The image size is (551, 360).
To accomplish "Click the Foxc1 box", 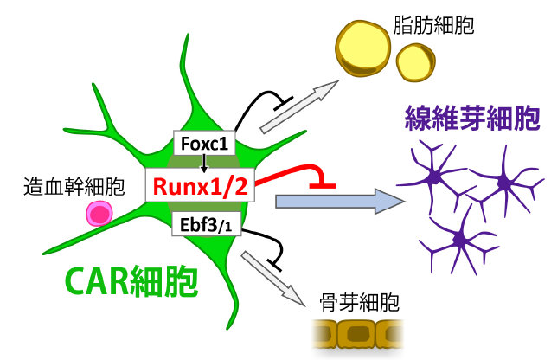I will click(205, 144).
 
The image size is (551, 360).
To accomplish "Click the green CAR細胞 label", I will click(132, 280).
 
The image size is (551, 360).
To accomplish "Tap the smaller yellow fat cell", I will click(416, 61).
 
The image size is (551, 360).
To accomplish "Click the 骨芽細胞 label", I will click(355, 303).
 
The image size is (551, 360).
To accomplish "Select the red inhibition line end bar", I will click(323, 184).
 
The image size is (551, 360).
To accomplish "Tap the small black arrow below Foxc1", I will click(205, 163).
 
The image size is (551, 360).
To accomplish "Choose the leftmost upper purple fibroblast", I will click(434, 177).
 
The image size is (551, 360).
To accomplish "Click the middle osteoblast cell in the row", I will click(355, 334).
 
